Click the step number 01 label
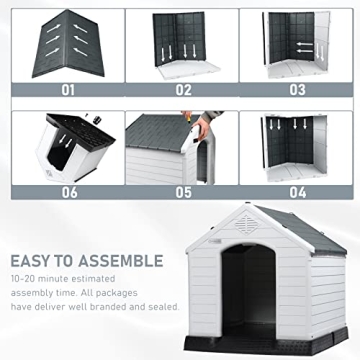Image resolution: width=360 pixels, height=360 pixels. (68, 89)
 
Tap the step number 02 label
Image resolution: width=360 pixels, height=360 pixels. (183, 89)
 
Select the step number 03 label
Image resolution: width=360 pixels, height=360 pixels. (298, 89)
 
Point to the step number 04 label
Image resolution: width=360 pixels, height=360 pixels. (298, 191)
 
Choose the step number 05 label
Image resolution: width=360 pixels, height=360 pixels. (183, 191)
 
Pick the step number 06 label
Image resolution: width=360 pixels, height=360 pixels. (68, 191)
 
